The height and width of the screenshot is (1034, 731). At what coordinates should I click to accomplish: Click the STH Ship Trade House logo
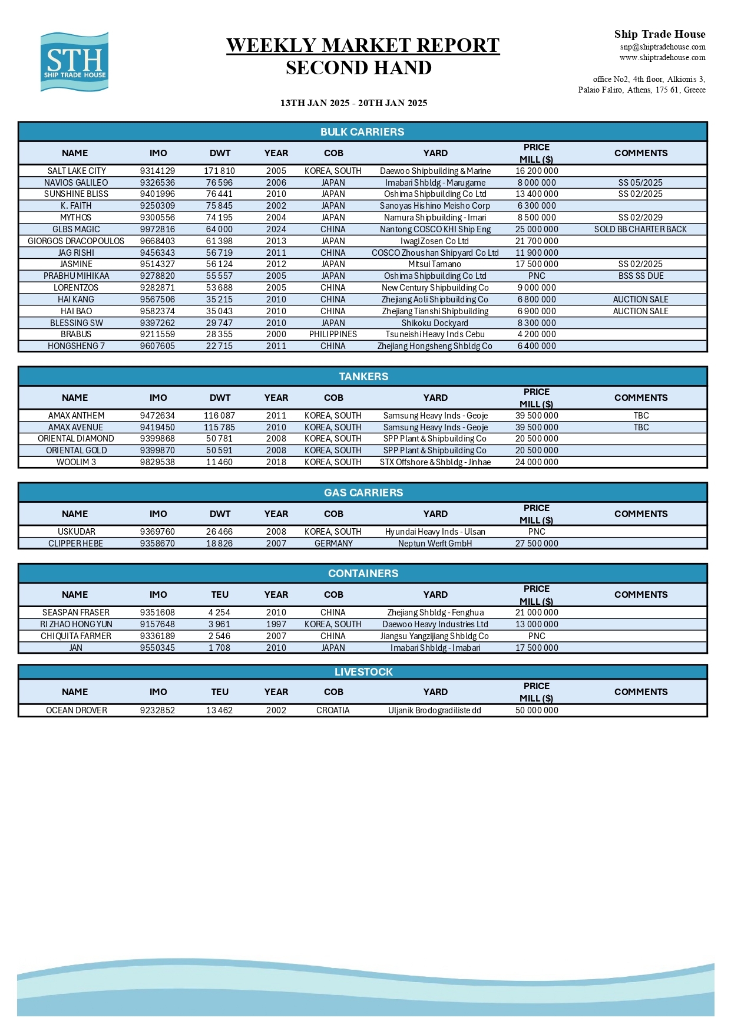click(x=74, y=62)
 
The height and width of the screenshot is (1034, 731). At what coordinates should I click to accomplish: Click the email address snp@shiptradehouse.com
click(x=663, y=47)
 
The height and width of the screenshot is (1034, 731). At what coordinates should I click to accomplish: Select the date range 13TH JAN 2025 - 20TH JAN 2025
click(x=353, y=103)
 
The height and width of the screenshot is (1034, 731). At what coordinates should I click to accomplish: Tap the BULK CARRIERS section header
click(x=362, y=132)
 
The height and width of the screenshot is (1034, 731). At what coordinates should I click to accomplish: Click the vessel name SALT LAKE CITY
click(x=77, y=171)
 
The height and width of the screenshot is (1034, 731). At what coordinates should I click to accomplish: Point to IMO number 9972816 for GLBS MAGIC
click(x=157, y=229)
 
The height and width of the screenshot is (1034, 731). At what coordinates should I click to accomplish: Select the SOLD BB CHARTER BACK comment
click(x=640, y=229)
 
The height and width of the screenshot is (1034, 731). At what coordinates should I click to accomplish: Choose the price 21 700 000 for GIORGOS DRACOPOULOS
click(x=537, y=241)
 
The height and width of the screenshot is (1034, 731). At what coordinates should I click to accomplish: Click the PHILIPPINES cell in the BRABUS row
click(x=333, y=334)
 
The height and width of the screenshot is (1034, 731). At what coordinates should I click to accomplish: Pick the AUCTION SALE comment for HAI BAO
click(x=640, y=311)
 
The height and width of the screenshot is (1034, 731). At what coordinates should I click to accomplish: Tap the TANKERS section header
click(x=363, y=377)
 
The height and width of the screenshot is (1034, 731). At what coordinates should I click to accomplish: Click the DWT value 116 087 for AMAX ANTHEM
click(x=219, y=416)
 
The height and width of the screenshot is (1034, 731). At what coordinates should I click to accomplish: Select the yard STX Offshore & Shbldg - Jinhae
click(x=435, y=462)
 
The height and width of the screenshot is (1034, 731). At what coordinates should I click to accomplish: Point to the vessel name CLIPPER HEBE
click(x=75, y=544)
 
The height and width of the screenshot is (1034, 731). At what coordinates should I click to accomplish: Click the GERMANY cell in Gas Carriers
click(x=333, y=544)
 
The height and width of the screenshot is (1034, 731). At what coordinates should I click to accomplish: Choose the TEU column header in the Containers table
click(x=220, y=595)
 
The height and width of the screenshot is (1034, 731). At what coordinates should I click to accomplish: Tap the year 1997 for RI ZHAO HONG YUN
click(x=276, y=624)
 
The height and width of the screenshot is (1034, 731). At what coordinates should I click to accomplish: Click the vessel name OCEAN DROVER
click(x=77, y=710)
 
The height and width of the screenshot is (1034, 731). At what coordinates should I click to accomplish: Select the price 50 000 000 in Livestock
click(x=537, y=710)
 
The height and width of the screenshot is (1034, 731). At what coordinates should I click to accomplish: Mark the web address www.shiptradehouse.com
click(x=662, y=58)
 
